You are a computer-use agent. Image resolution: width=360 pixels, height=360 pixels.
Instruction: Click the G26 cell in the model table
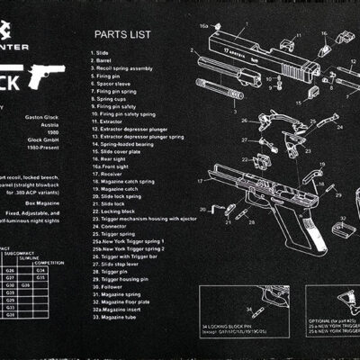11,268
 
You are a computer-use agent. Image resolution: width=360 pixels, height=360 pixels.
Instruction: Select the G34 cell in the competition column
40,268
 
